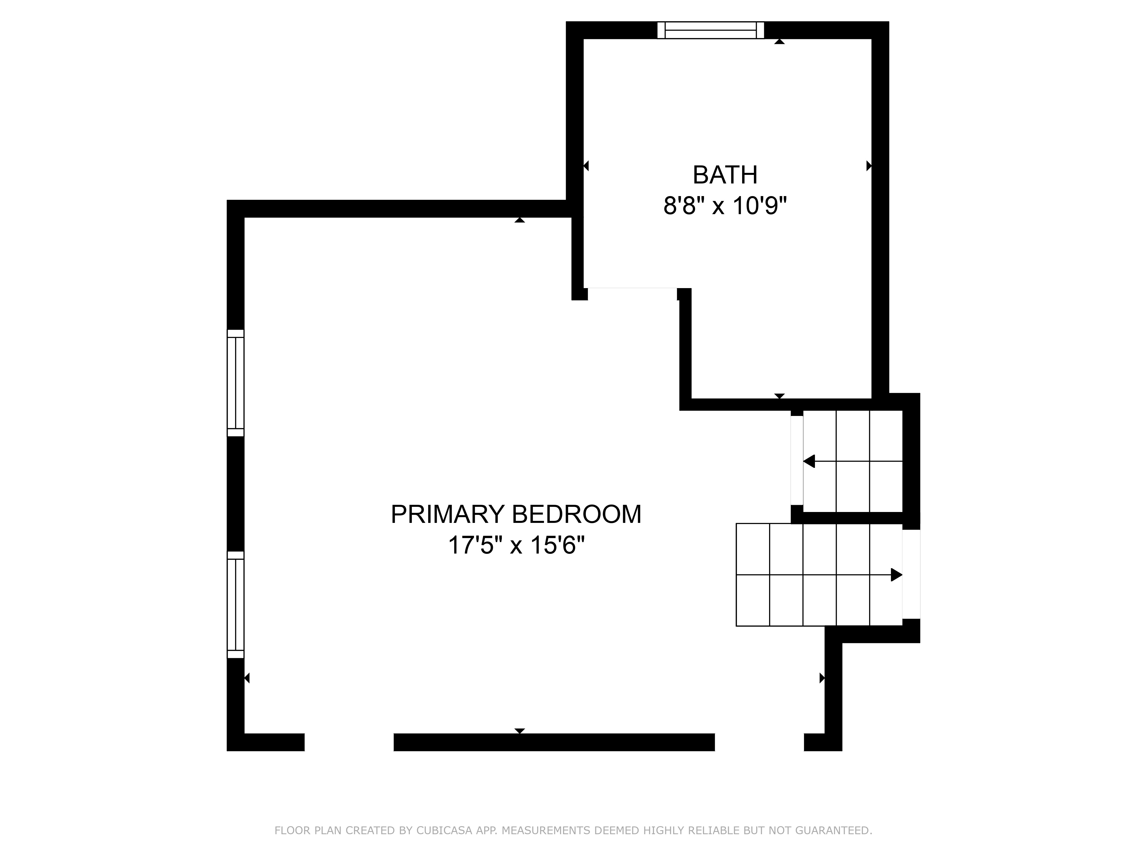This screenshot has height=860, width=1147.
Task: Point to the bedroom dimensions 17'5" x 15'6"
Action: [516, 546]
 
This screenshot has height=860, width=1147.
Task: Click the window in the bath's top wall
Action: [710, 30]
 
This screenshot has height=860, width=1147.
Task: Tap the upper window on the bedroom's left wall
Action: [235, 383]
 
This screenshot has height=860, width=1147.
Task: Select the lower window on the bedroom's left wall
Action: [235, 604]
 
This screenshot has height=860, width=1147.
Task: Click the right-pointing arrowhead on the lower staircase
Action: [896, 574]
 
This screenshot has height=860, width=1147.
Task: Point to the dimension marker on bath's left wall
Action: [586, 166]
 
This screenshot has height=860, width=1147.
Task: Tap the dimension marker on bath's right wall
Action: [869, 166]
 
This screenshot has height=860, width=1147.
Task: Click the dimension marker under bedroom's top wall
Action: [520, 220]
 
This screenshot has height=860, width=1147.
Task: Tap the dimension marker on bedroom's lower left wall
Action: [247, 677]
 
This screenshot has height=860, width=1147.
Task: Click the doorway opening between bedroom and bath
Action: [633, 290]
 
